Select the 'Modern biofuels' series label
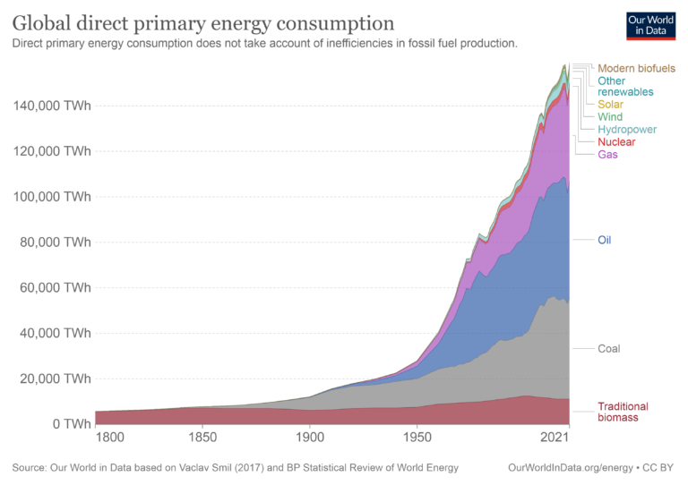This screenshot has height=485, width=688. (636, 68)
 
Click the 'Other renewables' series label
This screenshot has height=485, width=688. (625, 86)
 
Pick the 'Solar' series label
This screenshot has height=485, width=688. (612, 105)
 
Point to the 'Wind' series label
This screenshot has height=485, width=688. (611, 117)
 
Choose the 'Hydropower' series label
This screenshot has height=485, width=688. (627, 130)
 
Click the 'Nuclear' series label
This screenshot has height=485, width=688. (616, 142)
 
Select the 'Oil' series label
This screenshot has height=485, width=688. (605, 240)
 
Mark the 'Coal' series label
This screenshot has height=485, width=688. (608, 349)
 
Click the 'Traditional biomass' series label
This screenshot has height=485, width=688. (623, 412)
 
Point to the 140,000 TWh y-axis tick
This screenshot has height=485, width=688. (52, 106)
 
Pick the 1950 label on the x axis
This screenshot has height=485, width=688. (417, 438)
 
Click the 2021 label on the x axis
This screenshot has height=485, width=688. (555, 438)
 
